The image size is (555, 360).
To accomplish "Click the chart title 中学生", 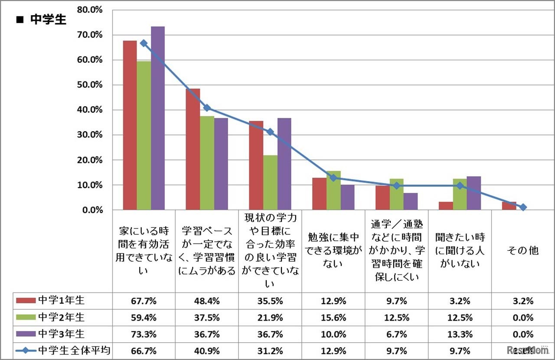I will click(x=48, y=20).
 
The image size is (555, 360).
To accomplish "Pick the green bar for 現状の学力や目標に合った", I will click(x=270, y=182).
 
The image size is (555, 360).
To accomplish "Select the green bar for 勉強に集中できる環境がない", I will click(x=333, y=191).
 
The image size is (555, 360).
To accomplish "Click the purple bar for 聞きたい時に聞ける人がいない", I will click(x=474, y=193).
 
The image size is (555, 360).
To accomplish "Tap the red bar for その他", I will click(x=509, y=206).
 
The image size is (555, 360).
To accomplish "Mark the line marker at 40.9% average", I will click(x=207, y=108).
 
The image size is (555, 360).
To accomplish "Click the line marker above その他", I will click(x=523, y=208).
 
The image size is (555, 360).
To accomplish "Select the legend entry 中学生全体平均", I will click(x=65, y=351).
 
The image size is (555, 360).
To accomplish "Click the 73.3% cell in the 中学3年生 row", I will click(x=144, y=334).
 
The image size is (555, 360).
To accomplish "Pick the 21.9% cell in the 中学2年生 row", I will click(x=270, y=318).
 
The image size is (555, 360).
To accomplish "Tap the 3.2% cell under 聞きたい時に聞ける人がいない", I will click(x=460, y=301).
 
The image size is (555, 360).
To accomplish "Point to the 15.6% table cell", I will click(x=333, y=318).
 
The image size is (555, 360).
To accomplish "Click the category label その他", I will click(x=523, y=250).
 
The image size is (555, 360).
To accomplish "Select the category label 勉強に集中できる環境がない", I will click(x=333, y=250).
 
